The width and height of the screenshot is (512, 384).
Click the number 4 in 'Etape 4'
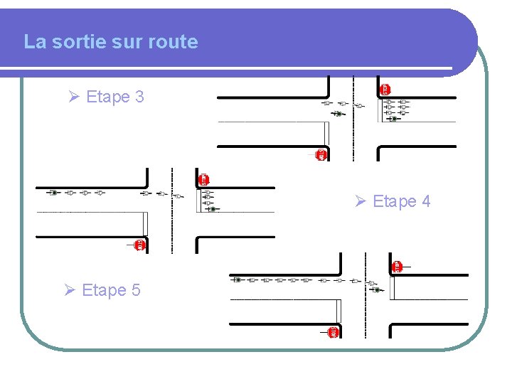pyautogui.click(x=425, y=202)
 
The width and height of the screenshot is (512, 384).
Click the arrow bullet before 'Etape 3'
pyautogui.click(x=73, y=97)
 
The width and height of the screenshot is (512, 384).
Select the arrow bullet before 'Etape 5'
pyautogui.click(x=69, y=290)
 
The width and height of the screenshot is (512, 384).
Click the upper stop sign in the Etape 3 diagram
pyautogui.click(x=385, y=89)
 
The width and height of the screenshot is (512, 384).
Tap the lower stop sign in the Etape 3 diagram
pyautogui.click(x=321, y=154)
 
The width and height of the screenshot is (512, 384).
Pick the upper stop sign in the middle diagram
pyautogui.click(x=204, y=179)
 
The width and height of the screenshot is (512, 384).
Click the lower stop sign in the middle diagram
pyautogui.click(x=140, y=245)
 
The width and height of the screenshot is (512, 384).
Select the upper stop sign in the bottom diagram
pyautogui.click(x=398, y=267)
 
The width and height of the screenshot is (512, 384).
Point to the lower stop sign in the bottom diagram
pyautogui.click(x=334, y=332)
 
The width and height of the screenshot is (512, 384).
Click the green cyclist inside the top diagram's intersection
pyautogui.click(x=338, y=113)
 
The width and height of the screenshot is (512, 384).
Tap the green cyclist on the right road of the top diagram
pyautogui.click(x=393, y=119)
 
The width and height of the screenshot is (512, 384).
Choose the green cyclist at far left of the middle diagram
pyautogui.click(x=53, y=193)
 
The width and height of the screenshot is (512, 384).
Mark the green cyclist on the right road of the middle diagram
pyautogui.click(x=212, y=209)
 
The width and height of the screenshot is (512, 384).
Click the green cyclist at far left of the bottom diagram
pyautogui.click(x=238, y=280)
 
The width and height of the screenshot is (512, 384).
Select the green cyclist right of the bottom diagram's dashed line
pyautogui.click(x=378, y=289)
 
